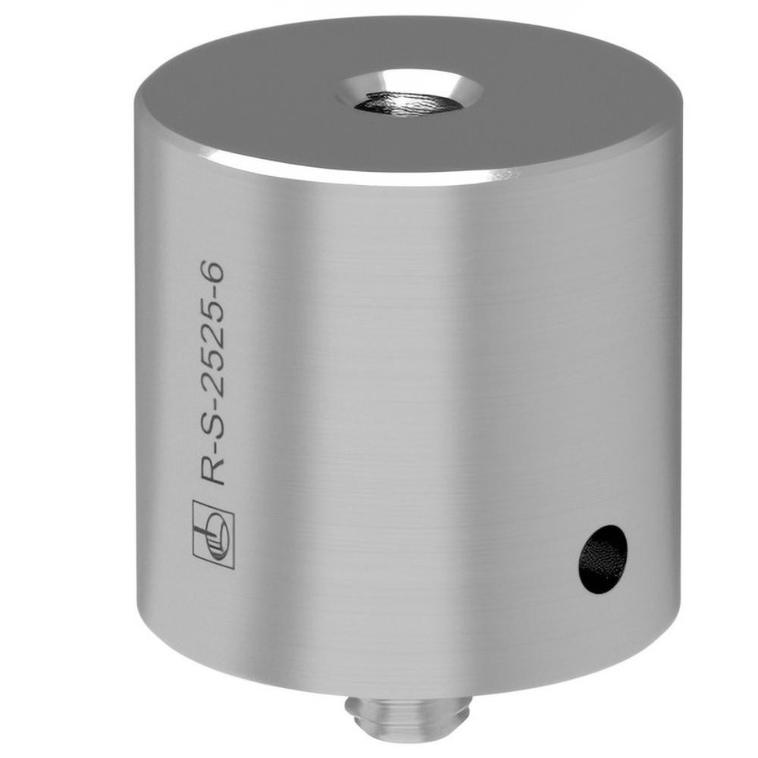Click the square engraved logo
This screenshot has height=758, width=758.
(x=214, y=534)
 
